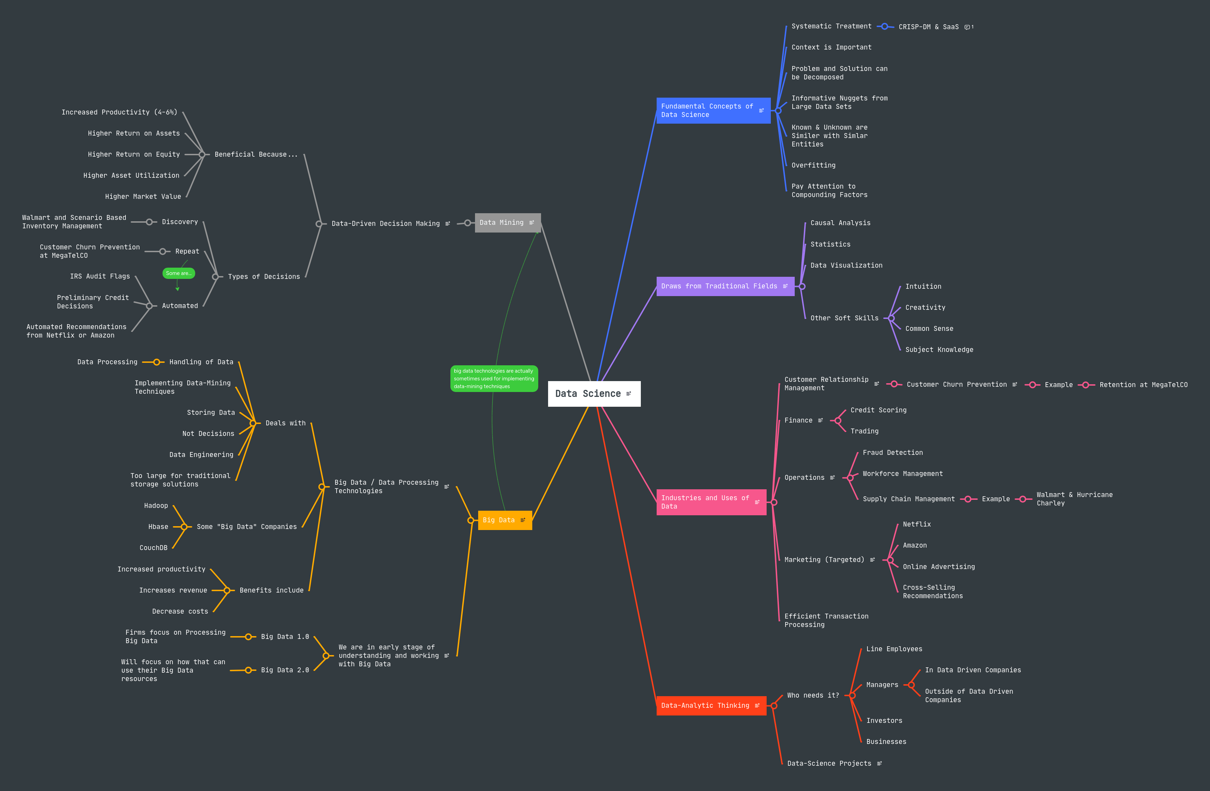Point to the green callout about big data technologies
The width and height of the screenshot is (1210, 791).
coord(494,379)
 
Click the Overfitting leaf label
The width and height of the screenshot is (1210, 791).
coord(813,165)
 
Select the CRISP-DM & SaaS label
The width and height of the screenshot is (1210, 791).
coord(928,27)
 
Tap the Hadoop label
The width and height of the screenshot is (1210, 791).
coord(156,505)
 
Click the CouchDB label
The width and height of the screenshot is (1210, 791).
coord(153,548)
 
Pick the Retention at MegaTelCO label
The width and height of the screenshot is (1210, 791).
coord(1143,385)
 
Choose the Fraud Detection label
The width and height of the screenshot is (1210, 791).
coord(892,452)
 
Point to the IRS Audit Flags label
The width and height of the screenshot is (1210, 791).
coord(100,276)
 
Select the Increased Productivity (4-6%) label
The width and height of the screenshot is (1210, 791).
coord(119,112)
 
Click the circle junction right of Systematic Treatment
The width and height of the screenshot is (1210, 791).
coord(885,26)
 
